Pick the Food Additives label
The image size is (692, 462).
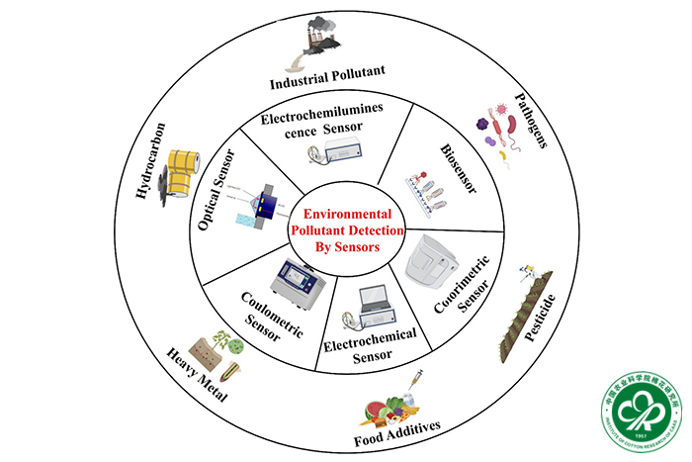click(394, 428)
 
